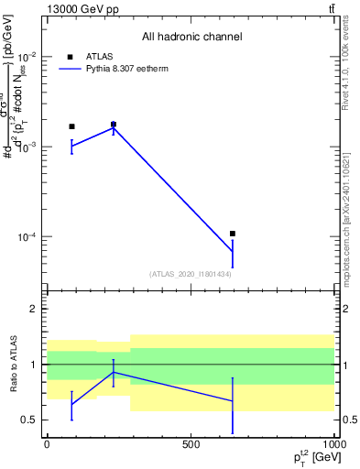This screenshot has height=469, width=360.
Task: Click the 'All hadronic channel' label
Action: [x=191, y=37]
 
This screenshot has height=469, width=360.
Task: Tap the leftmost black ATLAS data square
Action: [x=71, y=126]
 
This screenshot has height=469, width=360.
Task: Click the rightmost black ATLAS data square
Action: [x=233, y=234]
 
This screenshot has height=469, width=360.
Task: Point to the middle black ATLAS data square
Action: [x=114, y=124]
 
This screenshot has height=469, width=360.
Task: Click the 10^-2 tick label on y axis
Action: [x=26, y=57]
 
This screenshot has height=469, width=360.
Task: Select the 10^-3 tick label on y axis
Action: [x=26, y=147]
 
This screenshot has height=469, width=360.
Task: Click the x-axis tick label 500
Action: [x=191, y=444]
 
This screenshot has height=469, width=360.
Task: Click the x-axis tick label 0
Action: [x=47, y=444]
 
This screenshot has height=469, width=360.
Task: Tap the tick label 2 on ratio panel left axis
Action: [x=34, y=309]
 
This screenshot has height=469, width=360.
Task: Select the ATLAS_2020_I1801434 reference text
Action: [x=190, y=274]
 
